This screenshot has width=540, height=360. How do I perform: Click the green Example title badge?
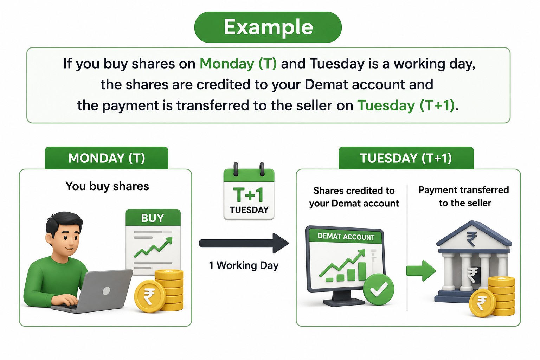click(268, 27)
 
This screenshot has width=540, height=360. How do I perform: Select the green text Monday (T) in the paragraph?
click(238, 64)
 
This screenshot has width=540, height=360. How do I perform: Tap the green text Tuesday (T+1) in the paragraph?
click(406, 105)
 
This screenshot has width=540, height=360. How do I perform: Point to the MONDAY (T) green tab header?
click(107, 158)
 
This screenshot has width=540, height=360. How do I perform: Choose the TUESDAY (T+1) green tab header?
click(406, 158)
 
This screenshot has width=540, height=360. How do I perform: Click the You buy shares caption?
click(107, 186)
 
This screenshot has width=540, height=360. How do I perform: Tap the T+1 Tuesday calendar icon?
click(249, 192)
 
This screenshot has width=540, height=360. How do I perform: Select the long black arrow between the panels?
click(244, 243)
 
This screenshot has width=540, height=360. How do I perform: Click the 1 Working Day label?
click(244, 265)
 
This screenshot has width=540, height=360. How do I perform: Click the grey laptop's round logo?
click(106, 291)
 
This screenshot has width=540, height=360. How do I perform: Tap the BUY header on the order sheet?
click(153, 218)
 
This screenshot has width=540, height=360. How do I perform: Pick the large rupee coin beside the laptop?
click(150, 296)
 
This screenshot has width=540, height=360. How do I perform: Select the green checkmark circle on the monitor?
click(379, 289)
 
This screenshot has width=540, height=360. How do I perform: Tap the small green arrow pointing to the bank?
click(421, 271)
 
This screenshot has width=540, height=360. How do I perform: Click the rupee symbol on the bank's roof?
click(472, 239)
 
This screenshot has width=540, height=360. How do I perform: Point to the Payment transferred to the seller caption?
click(464, 196)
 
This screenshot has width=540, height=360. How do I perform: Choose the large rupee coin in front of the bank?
click(482, 303)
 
